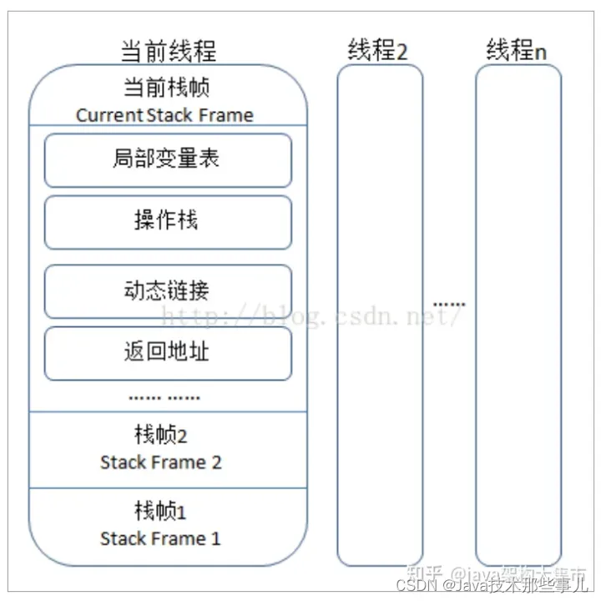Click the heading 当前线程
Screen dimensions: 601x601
[168, 50]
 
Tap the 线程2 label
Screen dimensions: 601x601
[377, 50]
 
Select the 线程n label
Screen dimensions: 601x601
[517, 50]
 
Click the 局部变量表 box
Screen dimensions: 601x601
[168, 159]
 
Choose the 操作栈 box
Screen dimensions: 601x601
[168, 221]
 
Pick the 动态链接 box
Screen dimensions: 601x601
[168, 290]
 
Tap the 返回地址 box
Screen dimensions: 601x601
[168, 352]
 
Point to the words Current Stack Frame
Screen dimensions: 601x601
[164, 115]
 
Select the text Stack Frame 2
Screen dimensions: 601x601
[161, 462]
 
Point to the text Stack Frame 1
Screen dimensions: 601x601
[160, 538]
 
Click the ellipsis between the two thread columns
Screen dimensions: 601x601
[449, 303]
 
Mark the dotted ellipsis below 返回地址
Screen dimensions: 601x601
[164, 397]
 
